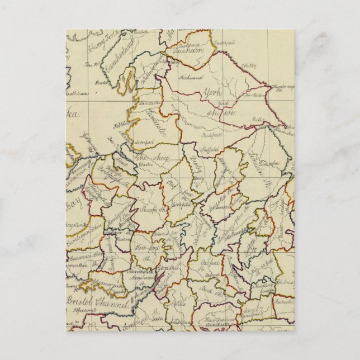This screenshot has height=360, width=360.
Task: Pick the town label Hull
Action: tap(258, 119)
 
